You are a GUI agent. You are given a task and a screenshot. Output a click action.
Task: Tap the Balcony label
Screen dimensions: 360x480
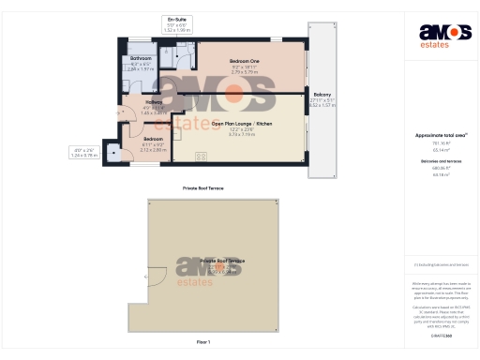pyautogui.click(x=322, y=96)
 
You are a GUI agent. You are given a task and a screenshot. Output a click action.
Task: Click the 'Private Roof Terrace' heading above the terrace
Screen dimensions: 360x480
pyautogui.click(x=202, y=188)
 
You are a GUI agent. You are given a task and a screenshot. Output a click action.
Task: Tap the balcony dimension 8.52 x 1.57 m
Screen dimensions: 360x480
pyautogui.click(x=322, y=105)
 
